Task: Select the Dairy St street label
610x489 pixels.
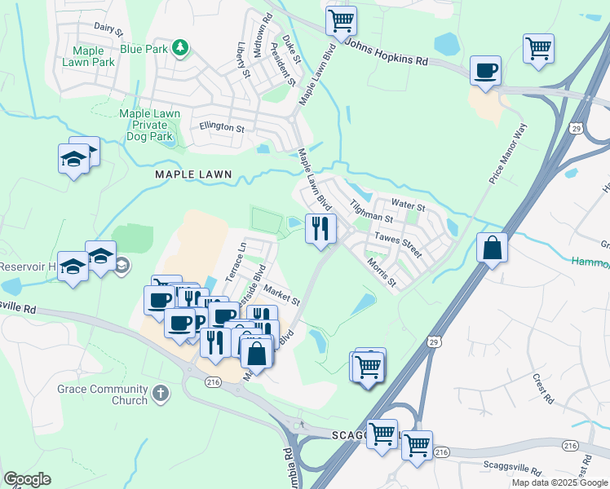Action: tap(107, 30)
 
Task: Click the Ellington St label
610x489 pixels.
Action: tap(222, 128)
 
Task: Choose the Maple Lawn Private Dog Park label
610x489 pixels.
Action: tap(146, 125)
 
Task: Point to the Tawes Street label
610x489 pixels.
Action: tap(398, 243)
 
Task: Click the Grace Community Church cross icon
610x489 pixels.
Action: tap(161, 394)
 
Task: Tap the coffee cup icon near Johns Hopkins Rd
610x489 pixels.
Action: tap(486, 70)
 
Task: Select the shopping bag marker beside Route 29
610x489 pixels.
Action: tap(492, 248)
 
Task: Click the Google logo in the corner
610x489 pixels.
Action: tap(28, 479)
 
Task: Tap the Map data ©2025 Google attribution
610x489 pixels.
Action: tap(559, 482)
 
